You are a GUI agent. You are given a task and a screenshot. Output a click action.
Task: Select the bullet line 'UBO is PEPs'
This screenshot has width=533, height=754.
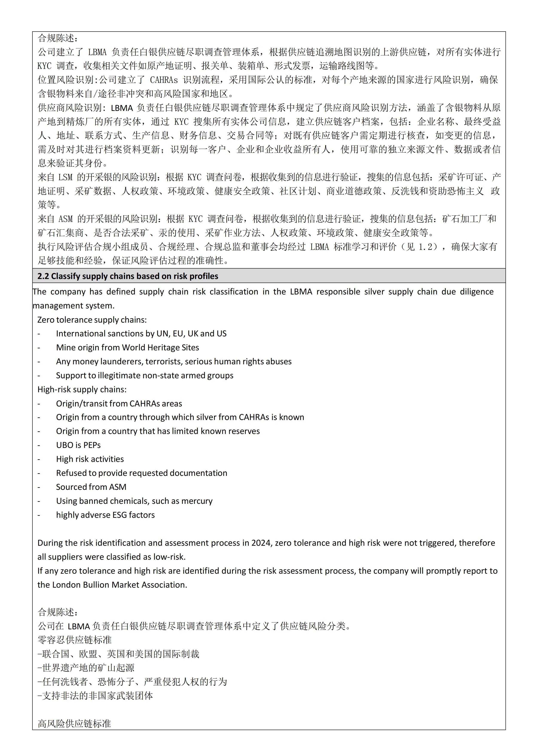point(78,445)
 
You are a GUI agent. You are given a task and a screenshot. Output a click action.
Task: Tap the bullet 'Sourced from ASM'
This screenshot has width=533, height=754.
point(91,487)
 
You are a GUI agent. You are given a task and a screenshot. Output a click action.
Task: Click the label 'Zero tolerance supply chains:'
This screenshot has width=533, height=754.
point(92,320)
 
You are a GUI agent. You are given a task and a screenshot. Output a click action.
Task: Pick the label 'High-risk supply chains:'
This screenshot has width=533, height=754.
point(82,389)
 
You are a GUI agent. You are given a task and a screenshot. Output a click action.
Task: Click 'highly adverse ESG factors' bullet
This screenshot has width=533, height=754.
point(105,515)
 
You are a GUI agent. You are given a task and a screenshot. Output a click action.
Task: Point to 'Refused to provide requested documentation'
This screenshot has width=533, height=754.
point(141,473)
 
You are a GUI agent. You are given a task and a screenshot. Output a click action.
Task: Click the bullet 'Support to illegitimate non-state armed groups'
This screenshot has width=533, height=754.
point(144,375)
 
